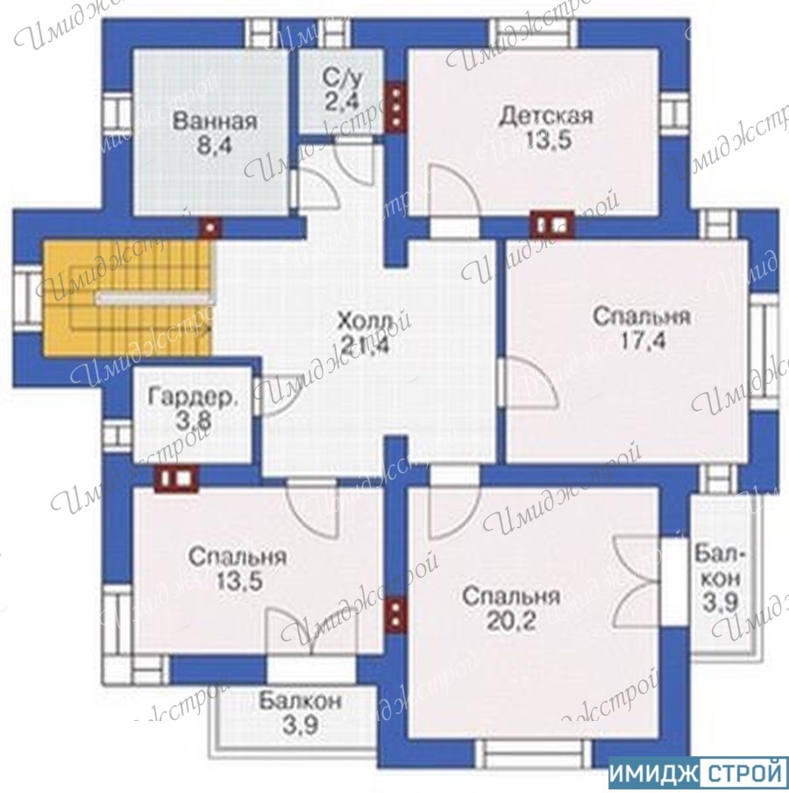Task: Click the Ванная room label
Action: [x=215, y=122]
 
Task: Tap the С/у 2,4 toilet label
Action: [x=343, y=90]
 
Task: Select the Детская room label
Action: [x=546, y=117]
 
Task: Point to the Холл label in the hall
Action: [x=365, y=321]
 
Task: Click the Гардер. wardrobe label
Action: [x=193, y=397]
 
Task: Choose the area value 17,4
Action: [x=643, y=341]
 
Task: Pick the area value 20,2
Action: [x=511, y=621]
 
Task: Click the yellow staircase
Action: [x=127, y=298]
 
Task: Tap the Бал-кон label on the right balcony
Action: [x=720, y=566]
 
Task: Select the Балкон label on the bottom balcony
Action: [x=300, y=702]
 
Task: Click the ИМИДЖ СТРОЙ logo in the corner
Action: [x=698, y=774]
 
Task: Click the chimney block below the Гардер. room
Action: [x=176, y=478]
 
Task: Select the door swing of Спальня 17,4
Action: [x=528, y=382]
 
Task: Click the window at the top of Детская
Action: [x=537, y=33]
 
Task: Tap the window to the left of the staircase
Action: [x=27, y=298]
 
